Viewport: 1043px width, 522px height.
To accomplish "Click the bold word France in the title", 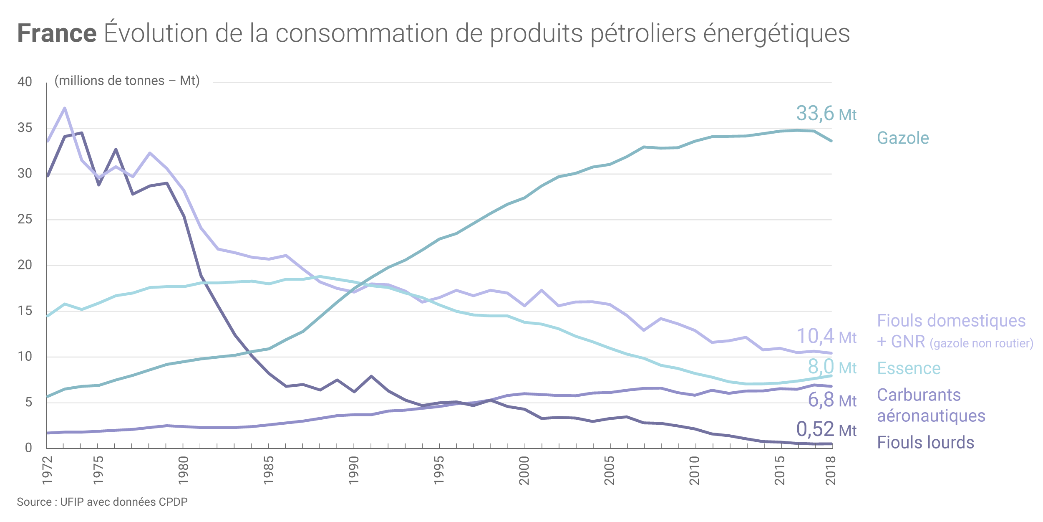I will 57,33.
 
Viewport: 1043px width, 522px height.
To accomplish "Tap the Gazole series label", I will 903,138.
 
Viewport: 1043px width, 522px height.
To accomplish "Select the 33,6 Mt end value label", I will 826,114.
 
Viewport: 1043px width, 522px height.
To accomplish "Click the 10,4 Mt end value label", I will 826,337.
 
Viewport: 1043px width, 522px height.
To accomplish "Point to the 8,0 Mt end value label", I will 832,367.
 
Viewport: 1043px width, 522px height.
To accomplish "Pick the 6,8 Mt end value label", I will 832,400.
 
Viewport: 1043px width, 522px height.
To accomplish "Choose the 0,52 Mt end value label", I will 826,429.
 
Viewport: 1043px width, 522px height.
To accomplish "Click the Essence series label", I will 909,368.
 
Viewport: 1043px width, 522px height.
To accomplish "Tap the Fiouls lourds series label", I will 925,443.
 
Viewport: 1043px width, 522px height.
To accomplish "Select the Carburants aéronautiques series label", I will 930,405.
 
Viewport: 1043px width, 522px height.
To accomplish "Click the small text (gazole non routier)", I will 981,343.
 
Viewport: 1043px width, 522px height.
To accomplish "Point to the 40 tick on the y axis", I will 25,81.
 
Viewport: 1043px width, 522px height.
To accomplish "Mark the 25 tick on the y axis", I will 25,219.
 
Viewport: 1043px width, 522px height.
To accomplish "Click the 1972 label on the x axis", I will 48,470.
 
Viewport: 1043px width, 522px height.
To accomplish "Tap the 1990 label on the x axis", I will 354,470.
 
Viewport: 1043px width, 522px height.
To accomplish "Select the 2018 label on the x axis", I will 831,470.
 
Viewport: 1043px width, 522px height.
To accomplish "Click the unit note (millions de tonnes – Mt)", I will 127,81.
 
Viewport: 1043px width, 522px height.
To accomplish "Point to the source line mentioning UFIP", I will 102,502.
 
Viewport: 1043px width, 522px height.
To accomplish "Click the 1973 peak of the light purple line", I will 65,108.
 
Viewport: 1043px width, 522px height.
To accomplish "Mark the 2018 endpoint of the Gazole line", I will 831,141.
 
